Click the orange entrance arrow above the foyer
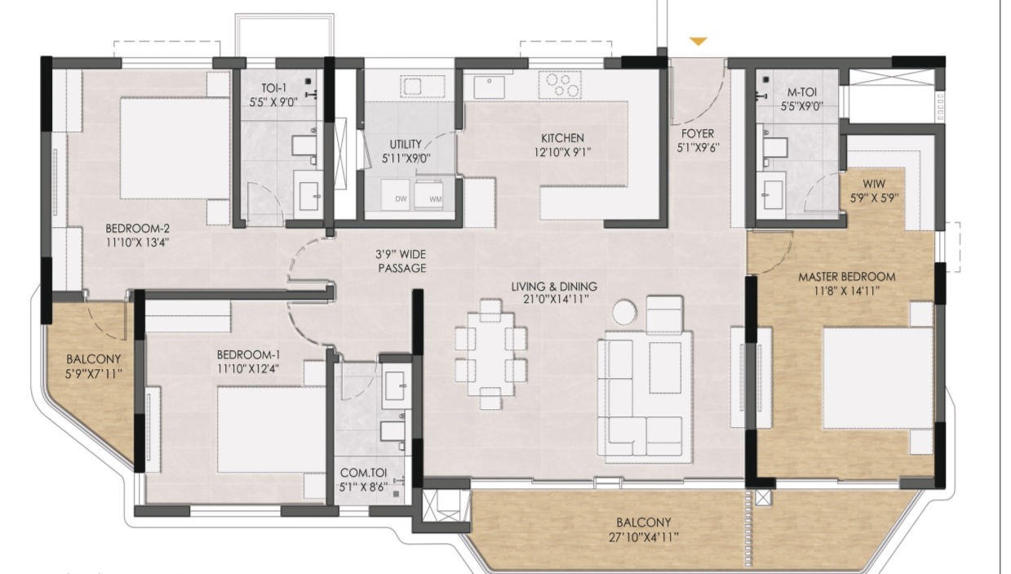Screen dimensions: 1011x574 pyautogui.click(x=698, y=41)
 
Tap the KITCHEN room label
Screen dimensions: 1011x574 pyautogui.click(x=562, y=138)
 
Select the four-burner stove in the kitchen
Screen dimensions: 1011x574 pyautogui.click(x=560, y=85)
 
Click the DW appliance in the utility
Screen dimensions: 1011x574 pyautogui.click(x=396, y=195)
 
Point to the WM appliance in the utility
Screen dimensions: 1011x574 pyautogui.click(x=428, y=195)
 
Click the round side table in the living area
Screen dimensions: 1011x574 pyautogui.click(x=625, y=311)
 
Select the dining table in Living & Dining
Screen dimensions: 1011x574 pyautogui.click(x=490, y=354)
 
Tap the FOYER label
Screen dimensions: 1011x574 pyautogui.click(x=698, y=134)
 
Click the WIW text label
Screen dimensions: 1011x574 pyautogui.click(x=874, y=184)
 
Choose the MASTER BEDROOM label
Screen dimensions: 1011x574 pyautogui.click(x=847, y=277)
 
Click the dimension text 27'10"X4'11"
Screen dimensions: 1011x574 pyautogui.click(x=644, y=537)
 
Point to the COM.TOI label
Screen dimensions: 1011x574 pyautogui.click(x=363, y=473)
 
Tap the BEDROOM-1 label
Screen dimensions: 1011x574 pyautogui.click(x=248, y=354)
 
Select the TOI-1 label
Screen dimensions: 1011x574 pyautogui.click(x=273, y=87)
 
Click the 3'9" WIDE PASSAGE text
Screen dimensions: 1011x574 pyautogui.click(x=401, y=261)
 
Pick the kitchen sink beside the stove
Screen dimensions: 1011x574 pyautogui.click(x=490, y=87)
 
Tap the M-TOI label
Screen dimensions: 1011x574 pyautogui.click(x=801, y=92)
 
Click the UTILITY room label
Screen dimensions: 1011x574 pyautogui.click(x=406, y=144)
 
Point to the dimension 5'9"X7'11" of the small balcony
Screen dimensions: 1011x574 pyautogui.click(x=93, y=374)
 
